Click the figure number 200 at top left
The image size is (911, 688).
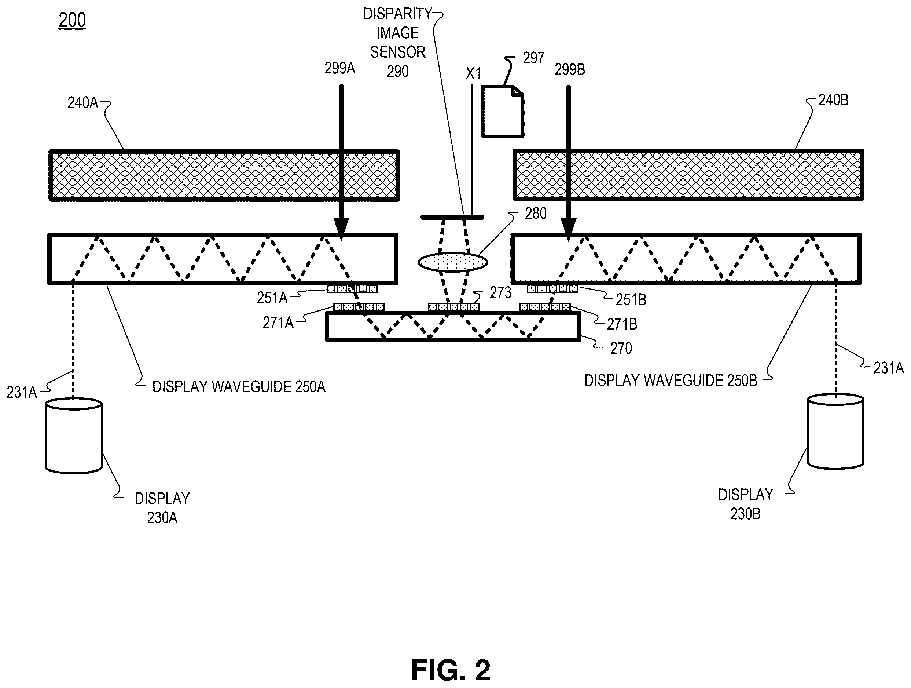click(x=72, y=20)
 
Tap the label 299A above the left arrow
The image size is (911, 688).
click(x=339, y=68)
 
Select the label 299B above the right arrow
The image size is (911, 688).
click(x=570, y=70)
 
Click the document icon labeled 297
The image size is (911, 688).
click(x=503, y=111)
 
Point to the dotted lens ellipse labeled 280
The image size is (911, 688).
click(x=453, y=262)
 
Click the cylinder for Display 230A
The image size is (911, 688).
click(x=74, y=436)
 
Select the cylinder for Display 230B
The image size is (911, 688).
click(x=835, y=432)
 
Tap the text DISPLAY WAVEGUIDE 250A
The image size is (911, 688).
click(x=239, y=387)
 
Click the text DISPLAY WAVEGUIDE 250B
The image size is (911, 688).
click(x=671, y=381)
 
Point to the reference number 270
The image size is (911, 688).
click(x=621, y=348)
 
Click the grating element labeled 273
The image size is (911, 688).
click(x=453, y=307)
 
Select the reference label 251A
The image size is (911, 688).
click(x=272, y=298)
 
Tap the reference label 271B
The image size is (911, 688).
click(x=622, y=324)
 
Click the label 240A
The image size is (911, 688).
click(x=83, y=103)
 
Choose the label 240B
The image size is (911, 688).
click(x=833, y=100)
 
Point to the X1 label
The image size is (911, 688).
click(x=473, y=74)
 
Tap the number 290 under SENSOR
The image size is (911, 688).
click(x=397, y=71)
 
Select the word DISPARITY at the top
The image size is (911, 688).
click(x=397, y=14)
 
